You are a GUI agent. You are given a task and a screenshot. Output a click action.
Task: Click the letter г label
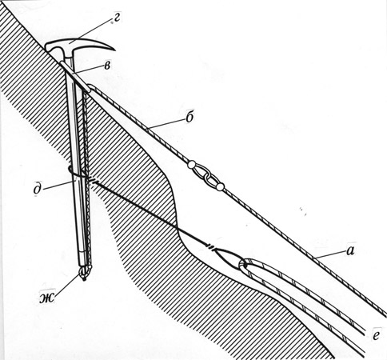point(117,18)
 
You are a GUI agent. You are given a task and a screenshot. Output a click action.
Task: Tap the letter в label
point(107,66)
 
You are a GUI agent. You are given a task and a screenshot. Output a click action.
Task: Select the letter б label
point(190,117)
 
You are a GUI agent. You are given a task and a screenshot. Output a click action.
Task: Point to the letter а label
point(351,250)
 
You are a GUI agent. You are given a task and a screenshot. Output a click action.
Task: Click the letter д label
point(38,190)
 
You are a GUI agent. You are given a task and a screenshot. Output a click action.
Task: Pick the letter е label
point(376,336)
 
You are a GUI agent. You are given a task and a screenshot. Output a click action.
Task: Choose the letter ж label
point(47,298)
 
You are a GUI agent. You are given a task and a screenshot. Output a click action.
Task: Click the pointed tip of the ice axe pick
point(114,50)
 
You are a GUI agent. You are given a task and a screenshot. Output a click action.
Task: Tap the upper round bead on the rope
point(191,165)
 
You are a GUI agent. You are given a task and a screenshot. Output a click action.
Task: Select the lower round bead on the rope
point(219,187)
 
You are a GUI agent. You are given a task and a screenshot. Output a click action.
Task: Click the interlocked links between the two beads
point(205,176)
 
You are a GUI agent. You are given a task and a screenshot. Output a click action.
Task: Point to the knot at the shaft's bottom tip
point(84,274)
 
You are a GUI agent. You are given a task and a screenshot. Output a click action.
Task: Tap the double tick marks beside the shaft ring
point(91,180)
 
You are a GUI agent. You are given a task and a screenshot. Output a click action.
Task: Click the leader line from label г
point(90,30)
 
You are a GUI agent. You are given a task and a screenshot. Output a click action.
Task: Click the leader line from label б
point(166,124)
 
